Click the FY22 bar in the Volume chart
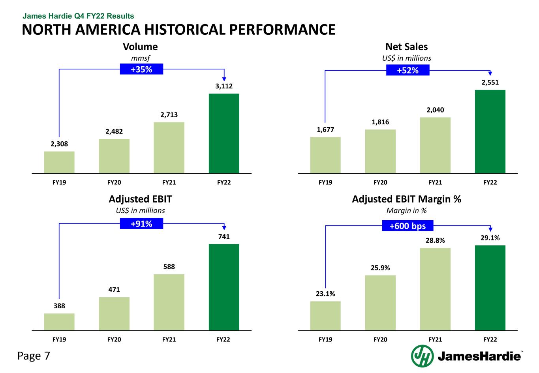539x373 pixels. click(224, 133)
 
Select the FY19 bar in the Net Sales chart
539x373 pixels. click(325, 155)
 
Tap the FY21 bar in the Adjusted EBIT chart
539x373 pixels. click(169, 302)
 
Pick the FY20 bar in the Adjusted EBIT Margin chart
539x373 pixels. click(380, 302)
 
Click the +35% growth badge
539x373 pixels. click(141, 69)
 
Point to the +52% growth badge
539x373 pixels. click(408, 70)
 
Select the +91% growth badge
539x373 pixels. click(141, 224)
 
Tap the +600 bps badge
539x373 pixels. click(408, 226)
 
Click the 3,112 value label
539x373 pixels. click(224, 86)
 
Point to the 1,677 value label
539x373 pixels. click(325, 129)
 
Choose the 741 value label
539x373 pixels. click(224, 237)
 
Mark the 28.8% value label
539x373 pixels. click(435, 240)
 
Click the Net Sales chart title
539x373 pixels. click(406, 47)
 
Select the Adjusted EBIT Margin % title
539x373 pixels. click(406, 199)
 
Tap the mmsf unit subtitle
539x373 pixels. click(140, 58)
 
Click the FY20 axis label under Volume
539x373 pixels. click(114, 183)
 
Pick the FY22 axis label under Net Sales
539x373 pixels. click(490, 183)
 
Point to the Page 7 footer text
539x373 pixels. click(34, 356)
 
